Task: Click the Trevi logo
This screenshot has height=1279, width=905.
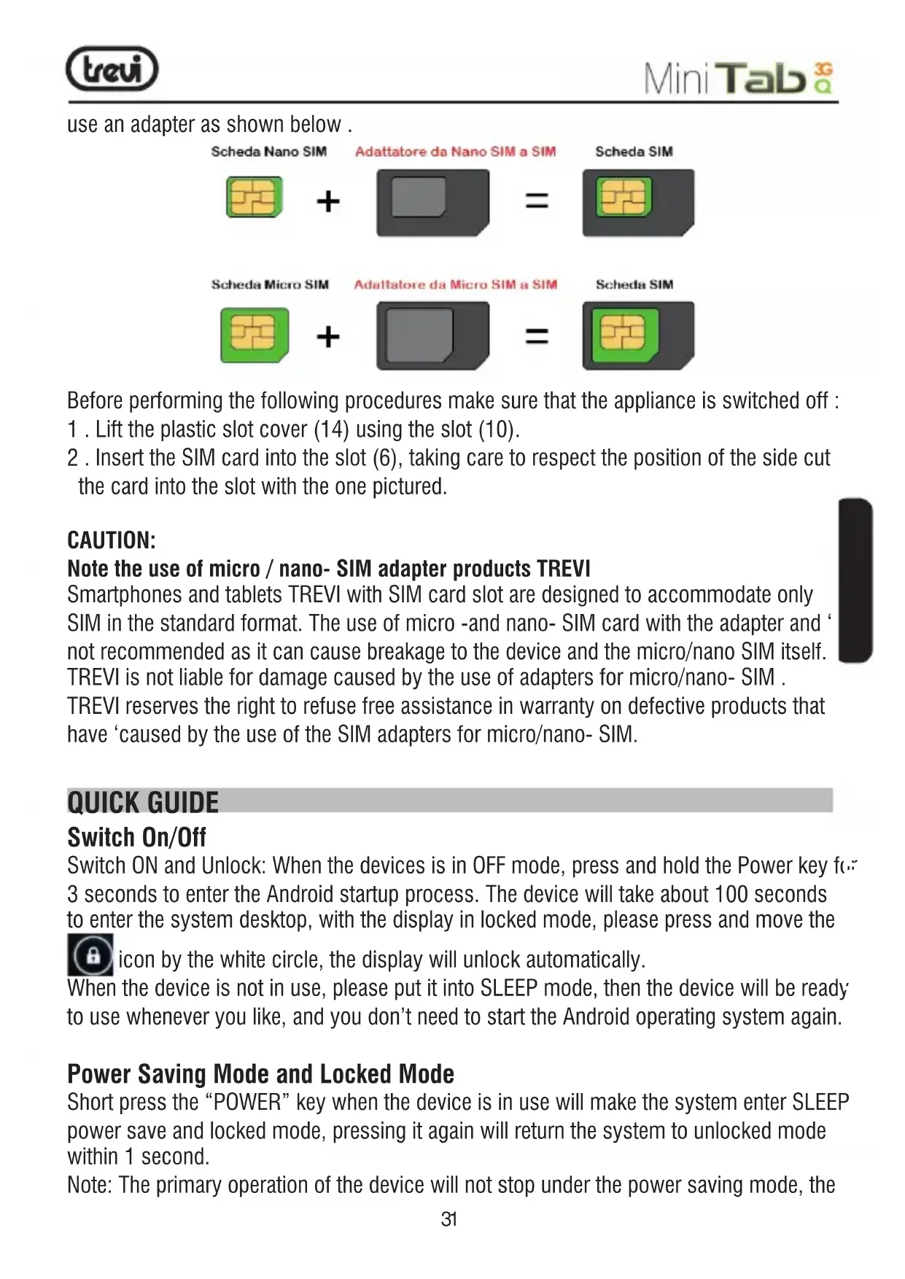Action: click(x=112, y=69)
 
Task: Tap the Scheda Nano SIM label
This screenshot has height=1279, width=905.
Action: click(x=268, y=152)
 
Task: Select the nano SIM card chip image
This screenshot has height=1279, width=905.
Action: click(x=254, y=197)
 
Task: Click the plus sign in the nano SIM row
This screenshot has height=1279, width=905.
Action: click(x=328, y=201)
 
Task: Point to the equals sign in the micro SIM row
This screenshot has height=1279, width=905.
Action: click(x=537, y=336)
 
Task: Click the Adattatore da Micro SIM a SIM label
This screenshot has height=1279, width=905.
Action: click(x=455, y=284)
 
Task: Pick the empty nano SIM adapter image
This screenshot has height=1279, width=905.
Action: click(x=432, y=203)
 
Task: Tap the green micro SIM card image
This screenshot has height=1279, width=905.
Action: click(x=255, y=335)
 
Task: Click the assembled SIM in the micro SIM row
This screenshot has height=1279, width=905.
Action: click(x=637, y=336)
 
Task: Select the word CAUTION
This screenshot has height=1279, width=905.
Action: click(x=111, y=540)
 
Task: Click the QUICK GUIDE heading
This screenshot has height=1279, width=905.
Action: click(x=143, y=802)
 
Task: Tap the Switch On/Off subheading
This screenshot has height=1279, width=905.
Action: click(x=136, y=836)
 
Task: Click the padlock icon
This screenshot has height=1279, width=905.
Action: click(x=90, y=955)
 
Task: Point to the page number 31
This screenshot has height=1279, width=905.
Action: click(x=449, y=1219)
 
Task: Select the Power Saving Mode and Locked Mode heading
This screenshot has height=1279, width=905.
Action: click(x=260, y=1074)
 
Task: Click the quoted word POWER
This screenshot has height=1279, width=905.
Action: click(x=248, y=1103)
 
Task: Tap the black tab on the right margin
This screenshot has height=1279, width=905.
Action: click(x=855, y=580)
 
